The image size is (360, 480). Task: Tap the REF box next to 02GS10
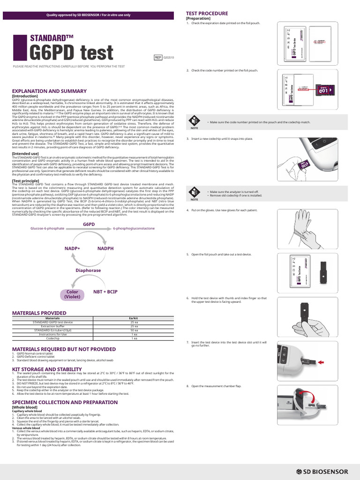pos(158,57)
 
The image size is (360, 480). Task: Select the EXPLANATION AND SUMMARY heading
pos(49,91)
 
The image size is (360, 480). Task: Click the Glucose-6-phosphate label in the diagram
pos(47,228)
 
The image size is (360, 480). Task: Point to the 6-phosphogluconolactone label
pos(134,228)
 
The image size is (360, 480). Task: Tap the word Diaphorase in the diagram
pos(88,270)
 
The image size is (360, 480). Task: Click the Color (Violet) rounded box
pos(72,294)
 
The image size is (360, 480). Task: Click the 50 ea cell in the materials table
pos(134,330)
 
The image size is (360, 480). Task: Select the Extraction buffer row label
pos(52,326)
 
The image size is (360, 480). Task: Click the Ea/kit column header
pos(134,318)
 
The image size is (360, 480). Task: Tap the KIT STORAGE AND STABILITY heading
pos(47,369)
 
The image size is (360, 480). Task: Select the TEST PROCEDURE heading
pos(207,14)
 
